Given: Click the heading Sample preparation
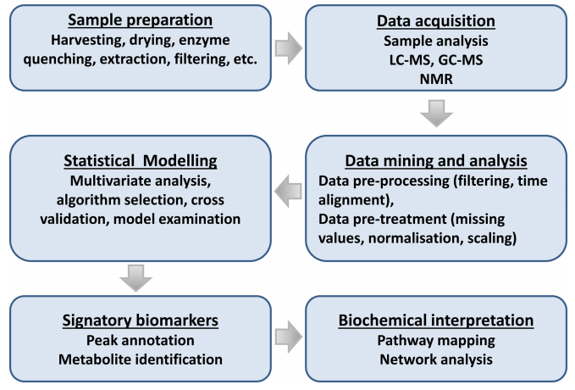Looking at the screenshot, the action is (x=140, y=19).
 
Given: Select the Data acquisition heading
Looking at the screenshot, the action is (x=436, y=21).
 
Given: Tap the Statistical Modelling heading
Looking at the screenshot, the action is (x=141, y=161).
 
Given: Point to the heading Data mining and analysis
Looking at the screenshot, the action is (x=436, y=161).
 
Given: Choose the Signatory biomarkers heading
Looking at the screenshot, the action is (x=141, y=320).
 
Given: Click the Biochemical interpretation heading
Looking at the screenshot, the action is (x=436, y=320).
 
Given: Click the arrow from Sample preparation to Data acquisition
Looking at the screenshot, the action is (x=289, y=48).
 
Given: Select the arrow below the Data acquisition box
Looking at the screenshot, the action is (x=436, y=114).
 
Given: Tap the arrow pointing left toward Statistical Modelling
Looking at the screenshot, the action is (x=288, y=191).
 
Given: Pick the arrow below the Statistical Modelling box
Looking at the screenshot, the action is (x=136, y=278).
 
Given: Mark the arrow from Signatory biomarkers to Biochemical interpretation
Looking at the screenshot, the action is (x=289, y=337).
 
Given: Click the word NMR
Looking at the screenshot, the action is (x=436, y=79).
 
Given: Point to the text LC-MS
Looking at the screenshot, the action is (x=410, y=60).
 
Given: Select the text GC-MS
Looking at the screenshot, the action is (x=460, y=60).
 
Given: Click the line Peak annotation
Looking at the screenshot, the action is (x=141, y=341).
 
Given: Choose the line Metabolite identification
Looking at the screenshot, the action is (x=141, y=359).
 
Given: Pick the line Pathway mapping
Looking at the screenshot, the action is (x=436, y=341).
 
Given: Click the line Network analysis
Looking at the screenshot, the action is (x=436, y=359).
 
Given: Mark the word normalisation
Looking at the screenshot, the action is (x=414, y=238).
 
